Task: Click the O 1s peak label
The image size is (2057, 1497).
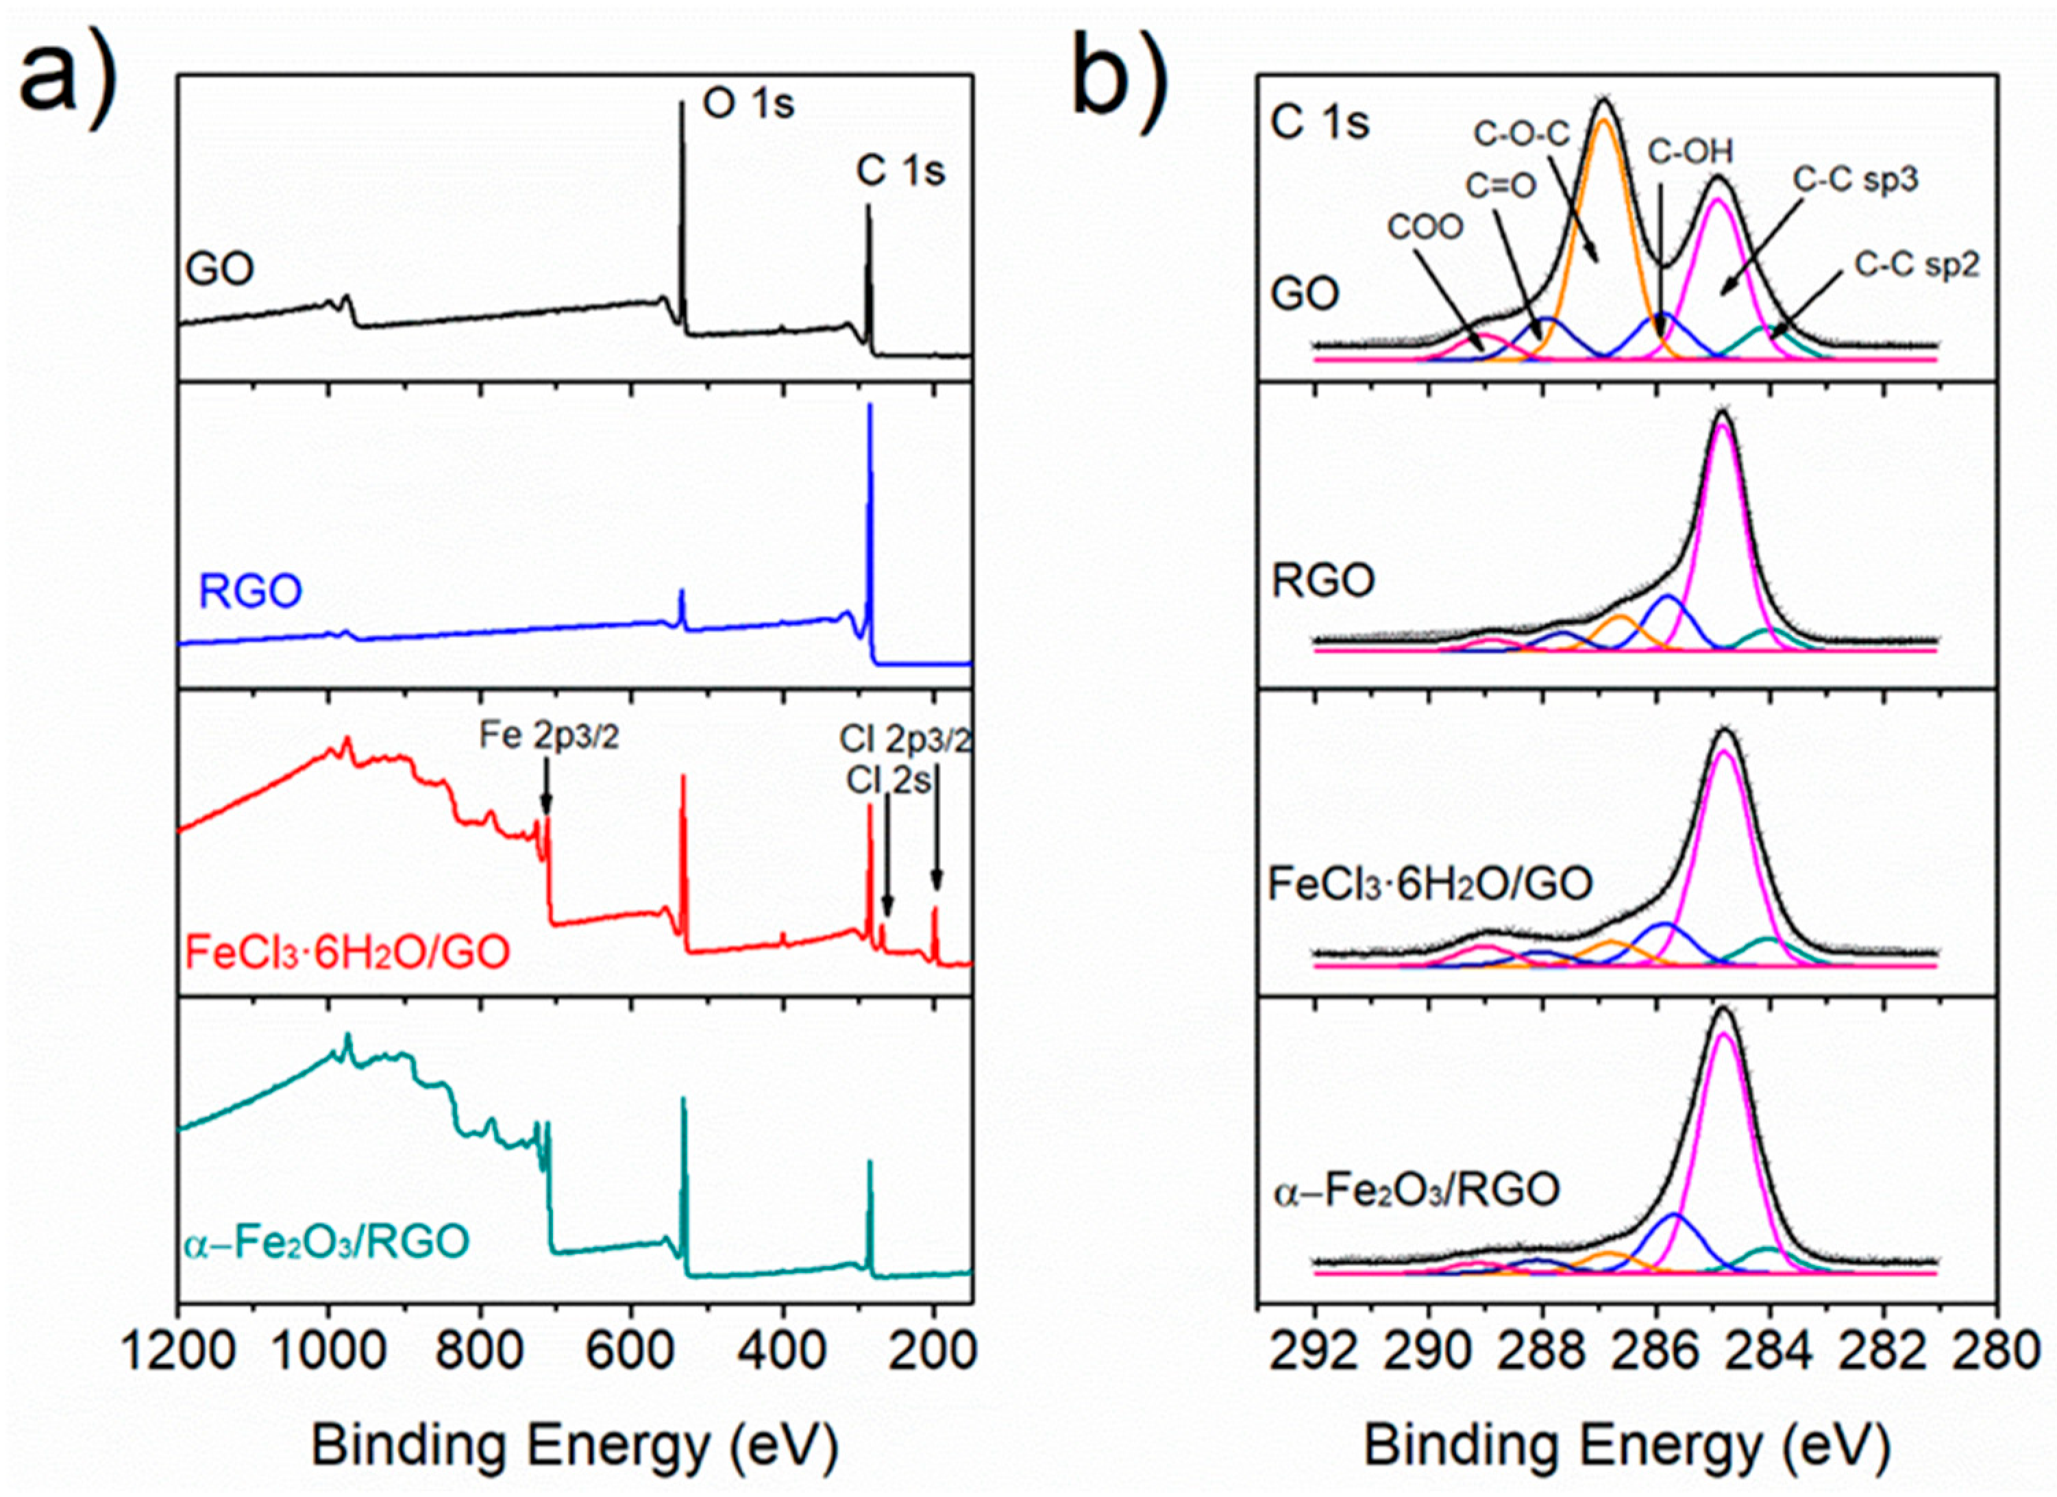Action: [x=748, y=104]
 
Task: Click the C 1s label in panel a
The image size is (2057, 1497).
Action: [x=900, y=171]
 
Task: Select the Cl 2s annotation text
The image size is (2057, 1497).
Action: [x=888, y=780]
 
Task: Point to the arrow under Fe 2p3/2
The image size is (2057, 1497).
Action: [x=546, y=793]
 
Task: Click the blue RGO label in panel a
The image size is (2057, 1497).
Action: [x=250, y=591]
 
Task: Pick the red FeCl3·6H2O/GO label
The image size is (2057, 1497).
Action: [x=347, y=952]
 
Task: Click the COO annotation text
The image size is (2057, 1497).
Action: [x=1425, y=227]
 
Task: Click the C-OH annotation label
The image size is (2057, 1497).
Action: [x=1690, y=152]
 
